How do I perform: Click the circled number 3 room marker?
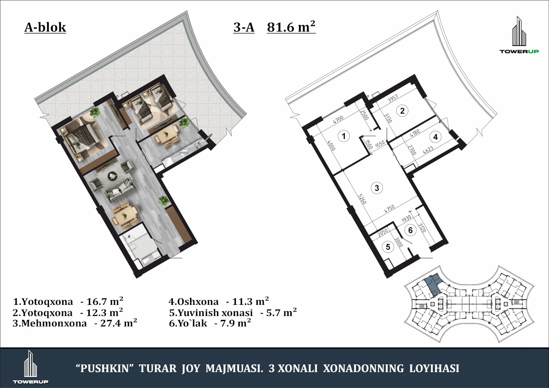click(x=377, y=188)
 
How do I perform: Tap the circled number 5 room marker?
click(x=388, y=247)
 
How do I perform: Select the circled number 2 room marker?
click(x=402, y=111)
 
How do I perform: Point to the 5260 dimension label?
click(x=362, y=199)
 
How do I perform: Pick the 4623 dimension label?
click(x=428, y=150)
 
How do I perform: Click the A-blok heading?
click(x=45, y=27)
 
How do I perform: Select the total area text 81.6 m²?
click(x=291, y=27)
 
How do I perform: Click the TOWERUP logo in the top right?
click(x=519, y=38)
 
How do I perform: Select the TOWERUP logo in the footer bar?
click(x=30, y=368)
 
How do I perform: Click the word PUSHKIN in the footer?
click(x=106, y=368)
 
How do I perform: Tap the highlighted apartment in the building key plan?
click(x=433, y=284)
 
